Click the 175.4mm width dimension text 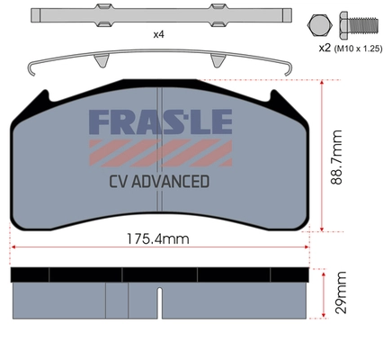point(157,240)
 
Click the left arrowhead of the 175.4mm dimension point(13,248)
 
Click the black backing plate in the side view point(157,274)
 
